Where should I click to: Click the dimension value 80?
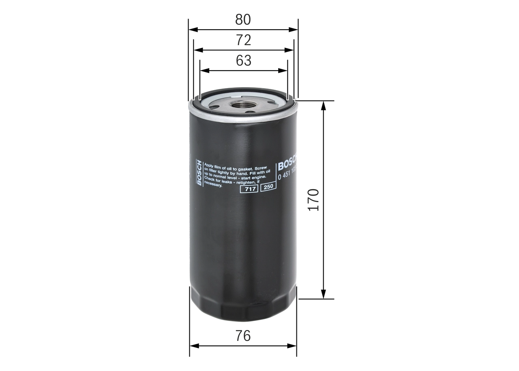click(x=243, y=19)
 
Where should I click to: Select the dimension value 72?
click(x=243, y=40)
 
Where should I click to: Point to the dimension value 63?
click(x=243, y=60)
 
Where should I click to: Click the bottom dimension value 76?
click(x=243, y=336)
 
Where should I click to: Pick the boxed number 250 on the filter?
click(x=268, y=187)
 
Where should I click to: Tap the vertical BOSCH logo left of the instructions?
click(x=199, y=172)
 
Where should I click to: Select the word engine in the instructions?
click(x=258, y=177)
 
